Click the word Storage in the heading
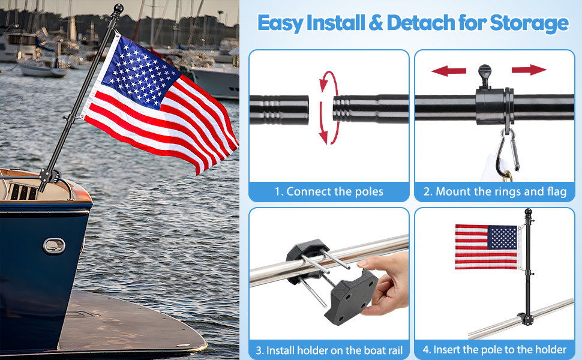point(529,23)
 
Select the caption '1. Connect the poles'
point(329,192)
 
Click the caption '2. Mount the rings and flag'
point(495,192)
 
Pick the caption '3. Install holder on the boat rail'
point(329,350)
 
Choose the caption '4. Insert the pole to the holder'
point(495,350)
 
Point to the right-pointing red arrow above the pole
point(529,70)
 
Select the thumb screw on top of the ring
point(485,74)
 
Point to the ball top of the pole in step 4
point(529,213)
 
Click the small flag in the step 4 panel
point(486,247)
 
